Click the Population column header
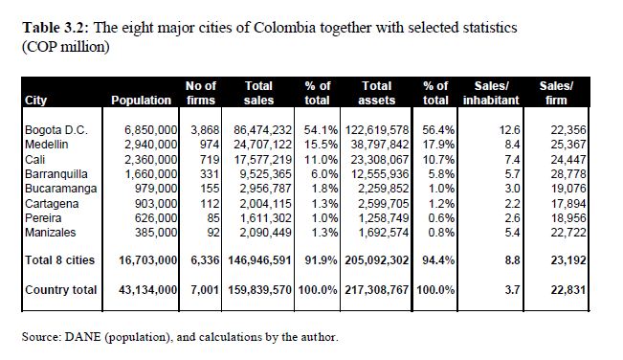tap(141, 101)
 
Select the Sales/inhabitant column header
tap(491, 93)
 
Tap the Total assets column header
tap(377, 93)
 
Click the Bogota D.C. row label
tap(56, 130)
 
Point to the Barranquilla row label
tap(56, 174)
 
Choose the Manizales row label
tap(50, 232)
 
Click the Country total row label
tap(61, 290)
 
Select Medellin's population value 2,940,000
tap(151, 145)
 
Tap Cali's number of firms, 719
tap(210, 159)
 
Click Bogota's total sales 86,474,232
tap(262, 130)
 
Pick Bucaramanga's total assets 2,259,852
tap(384, 189)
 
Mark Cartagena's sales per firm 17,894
tap(568, 203)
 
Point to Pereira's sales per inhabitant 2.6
tap(512, 217)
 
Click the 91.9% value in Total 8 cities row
tap(321, 260)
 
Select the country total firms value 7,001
tap(205, 290)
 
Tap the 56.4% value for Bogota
tap(438, 130)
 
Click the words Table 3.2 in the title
tap(57, 28)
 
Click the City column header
tap(35, 101)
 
